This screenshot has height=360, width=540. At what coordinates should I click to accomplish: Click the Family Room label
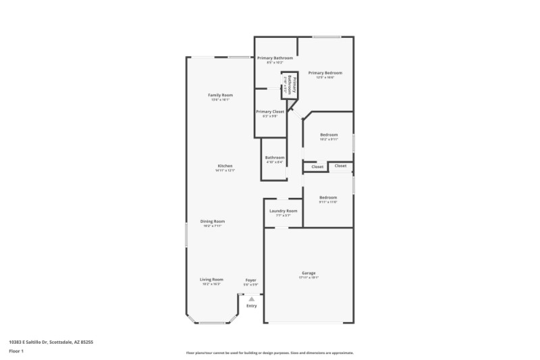pyautogui.click(x=220, y=95)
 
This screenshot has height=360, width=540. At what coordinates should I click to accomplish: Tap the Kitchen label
pyautogui.click(x=225, y=166)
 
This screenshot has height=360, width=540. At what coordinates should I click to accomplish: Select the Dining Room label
pyautogui.click(x=213, y=221)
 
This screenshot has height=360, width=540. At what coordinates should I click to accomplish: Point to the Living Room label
pyautogui.click(x=211, y=280)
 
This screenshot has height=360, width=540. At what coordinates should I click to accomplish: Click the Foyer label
pyautogui.click(x=250, y=280)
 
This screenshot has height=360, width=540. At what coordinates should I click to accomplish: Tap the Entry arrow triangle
pyautogui.click(x=251, y=299)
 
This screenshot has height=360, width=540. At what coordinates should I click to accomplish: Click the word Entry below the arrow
pyautogui.click(x=251, y=306)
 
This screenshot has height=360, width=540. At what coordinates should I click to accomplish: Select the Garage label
pyautogui.click(x=309, y=273)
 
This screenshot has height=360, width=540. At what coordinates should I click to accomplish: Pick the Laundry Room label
pyautogui.click(x=283, y=211)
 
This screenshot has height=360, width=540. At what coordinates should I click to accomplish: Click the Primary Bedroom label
pyautogui.click(x=325, y=73)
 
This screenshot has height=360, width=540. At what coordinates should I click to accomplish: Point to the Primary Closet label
pyautogui.click(x=269, y=111)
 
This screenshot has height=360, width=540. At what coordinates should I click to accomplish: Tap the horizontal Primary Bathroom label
pyautogui.click(x=275, y=58)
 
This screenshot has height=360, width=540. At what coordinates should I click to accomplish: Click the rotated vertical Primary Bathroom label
pyautogui.click(x=290, y=85)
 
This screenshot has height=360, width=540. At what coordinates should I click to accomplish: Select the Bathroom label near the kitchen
pyautogui.click(x=275, y=157)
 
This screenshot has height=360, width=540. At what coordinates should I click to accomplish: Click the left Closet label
pyautogui.click(x=317, y=166)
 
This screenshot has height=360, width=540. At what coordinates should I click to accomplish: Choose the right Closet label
pyautogui.click(x=340, y=165)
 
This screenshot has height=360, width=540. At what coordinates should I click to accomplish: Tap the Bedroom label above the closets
pyautogui.click(x=328, y=134)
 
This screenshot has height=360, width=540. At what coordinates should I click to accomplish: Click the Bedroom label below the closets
pyautogui.click(x=328, y=197)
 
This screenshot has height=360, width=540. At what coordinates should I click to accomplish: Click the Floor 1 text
pyautogui.click(x=16, y=352)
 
